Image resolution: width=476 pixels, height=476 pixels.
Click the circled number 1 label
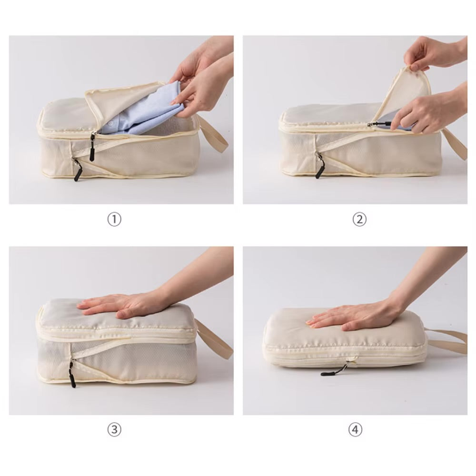tap(114, 219)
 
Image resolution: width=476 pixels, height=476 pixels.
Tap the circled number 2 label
tap(360, 219)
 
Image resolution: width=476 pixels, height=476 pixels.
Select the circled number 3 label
tap(114, 430)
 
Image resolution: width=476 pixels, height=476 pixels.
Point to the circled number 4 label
tap(355, 430)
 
